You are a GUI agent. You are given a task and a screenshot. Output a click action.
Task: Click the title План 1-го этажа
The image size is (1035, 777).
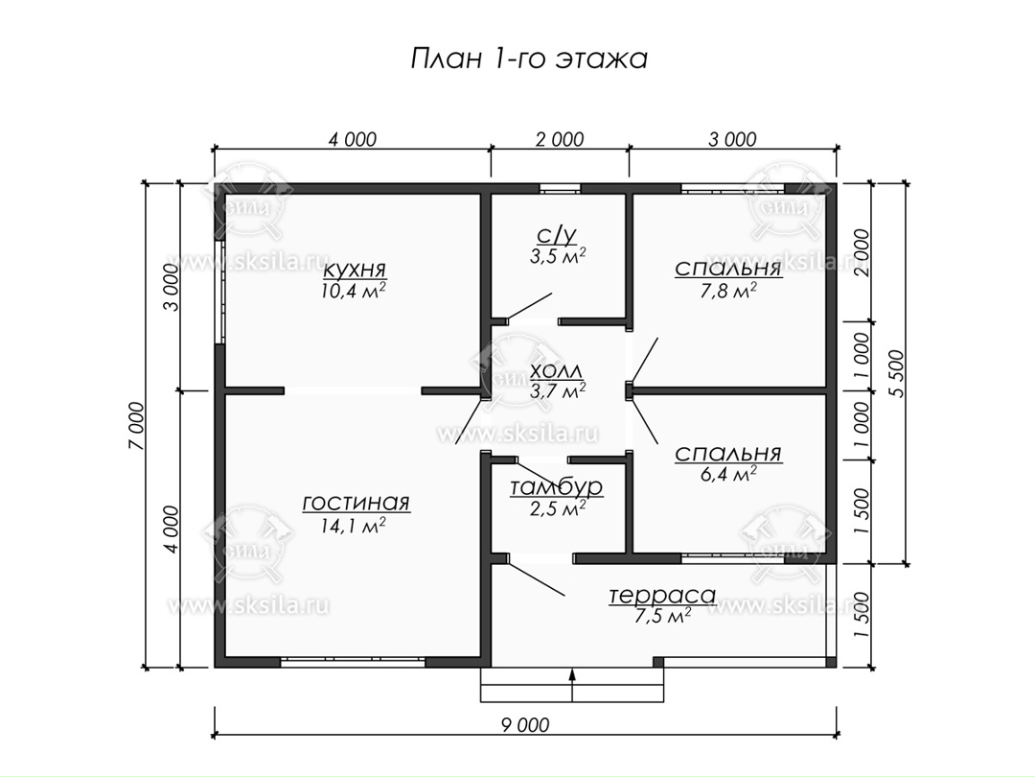(529, 59)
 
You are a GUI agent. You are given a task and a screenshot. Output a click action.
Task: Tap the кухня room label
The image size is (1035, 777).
(355, 270)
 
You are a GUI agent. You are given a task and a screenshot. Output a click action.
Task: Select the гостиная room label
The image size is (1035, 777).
(356, 503)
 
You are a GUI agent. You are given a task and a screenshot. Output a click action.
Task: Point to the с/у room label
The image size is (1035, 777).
(557, 235)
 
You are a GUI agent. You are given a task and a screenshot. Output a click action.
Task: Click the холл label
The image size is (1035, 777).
(557, 370)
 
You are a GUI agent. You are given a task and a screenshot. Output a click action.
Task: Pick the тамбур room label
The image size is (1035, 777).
(557, 487)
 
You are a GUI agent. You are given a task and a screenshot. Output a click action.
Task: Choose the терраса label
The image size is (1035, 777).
(662, 595)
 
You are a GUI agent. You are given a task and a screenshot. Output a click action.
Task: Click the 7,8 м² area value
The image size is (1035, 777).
(728, 290)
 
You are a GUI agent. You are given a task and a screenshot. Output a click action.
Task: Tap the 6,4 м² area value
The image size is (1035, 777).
(728, 473)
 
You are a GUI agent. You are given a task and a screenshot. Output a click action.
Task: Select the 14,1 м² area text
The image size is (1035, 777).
(354, 526)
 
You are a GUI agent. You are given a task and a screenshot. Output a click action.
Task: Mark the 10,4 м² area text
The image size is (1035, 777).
(354, 291)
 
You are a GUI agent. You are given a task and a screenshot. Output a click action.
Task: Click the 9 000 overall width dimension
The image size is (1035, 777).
(525, 725)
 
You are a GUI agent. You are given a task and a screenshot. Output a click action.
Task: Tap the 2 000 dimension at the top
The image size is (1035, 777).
(560, 139)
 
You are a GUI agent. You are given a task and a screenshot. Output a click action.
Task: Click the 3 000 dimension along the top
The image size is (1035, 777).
(733, 139)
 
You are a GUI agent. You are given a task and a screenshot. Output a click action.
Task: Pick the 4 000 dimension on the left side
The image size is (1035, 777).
(170, 530)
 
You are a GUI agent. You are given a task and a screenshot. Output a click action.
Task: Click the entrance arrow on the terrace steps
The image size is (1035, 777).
(572, 685)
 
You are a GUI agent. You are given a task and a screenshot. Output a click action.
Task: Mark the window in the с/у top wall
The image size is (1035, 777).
(560, 188)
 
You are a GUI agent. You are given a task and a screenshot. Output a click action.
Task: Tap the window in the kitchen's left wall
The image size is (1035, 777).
(219, 291)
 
